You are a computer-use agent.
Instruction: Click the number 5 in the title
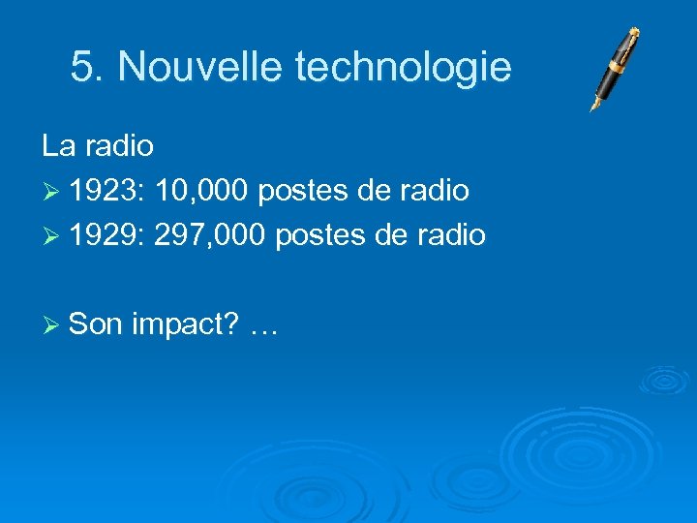(x=81, y=67)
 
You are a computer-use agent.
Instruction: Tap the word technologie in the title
(x=403, y=67)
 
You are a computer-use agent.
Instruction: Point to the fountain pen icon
(x=616, y=68)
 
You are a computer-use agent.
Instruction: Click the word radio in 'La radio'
(x=119, y=146)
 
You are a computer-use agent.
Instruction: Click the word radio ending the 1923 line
(x=436, y=191)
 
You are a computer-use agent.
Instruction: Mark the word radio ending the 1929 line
(x=451, y=235)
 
